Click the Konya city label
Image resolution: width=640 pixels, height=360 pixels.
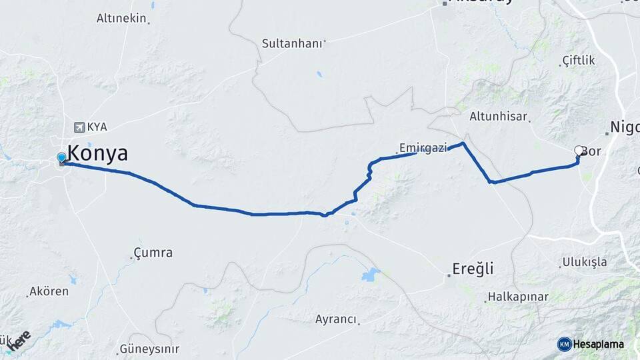(98, 153)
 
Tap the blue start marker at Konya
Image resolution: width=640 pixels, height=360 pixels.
(61, 158)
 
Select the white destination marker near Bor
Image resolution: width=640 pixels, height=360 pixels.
(579, 151)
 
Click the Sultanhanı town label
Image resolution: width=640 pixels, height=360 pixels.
(292, 43)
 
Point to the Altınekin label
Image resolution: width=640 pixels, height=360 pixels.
(121, 18)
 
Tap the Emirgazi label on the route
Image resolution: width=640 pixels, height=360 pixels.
(423, 147)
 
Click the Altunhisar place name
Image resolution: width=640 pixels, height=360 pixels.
(497, 116)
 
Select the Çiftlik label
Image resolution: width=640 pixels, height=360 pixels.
(578, 61)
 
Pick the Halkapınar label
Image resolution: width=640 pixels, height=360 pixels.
(517, 297)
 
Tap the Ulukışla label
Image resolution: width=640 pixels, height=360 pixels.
(584, 262)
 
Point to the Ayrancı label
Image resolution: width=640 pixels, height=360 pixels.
(336, 319)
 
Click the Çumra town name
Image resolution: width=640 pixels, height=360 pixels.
(153, 253)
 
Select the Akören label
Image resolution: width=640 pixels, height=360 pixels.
(48, 292)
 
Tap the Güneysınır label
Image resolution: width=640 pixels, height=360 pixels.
(149, 349)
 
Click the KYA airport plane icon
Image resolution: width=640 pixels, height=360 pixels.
(80, 127)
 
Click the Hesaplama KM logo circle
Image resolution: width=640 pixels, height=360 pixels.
(565, 344)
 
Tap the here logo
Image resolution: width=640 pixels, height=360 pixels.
(18, 341)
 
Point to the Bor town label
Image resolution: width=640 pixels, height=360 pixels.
(594, 152)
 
